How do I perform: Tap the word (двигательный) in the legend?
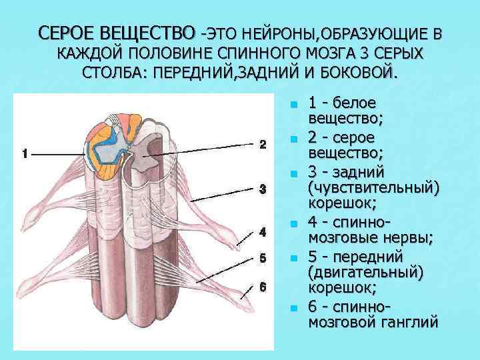[367, 273]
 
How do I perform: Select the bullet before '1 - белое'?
[292, 105]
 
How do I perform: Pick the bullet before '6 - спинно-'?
[292, 308]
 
